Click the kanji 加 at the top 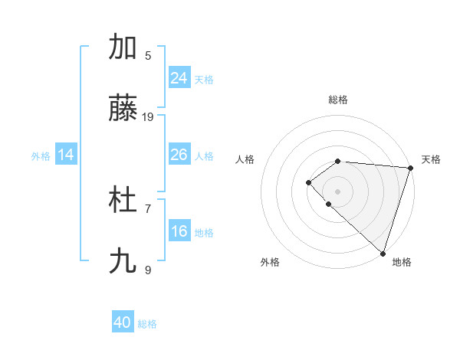[x=123, y=47]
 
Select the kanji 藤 [x=123, y=110]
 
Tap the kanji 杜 [x=123, y=201]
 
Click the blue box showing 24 [x=179, y=78]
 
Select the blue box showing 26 [x=179, y=155]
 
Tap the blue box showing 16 [x=179, y=231]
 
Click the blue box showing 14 [x=66, y=155]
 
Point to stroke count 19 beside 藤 [x=148, y=117]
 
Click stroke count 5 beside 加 [x=148, y=55]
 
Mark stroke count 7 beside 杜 [x=148, y=208]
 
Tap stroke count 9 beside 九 [x=148, y=270]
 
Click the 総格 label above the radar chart [x=338, y=100]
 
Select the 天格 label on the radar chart [x=431, y=159]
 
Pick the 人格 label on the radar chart [x=245, y=159]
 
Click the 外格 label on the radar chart [x=270, y=262]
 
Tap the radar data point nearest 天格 [x=410, y=168]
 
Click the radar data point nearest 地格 [x=383, y=253]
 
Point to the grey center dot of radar [x=338, y=191]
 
